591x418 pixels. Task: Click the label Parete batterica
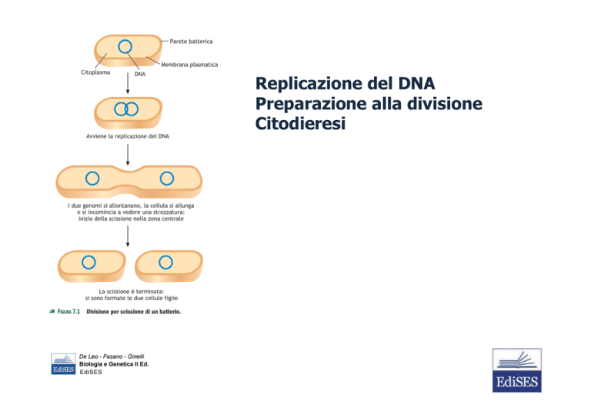(x=191, y=42)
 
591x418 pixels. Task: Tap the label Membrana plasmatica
(x=189, y=65)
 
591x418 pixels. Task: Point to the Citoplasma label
(x=95, y=72)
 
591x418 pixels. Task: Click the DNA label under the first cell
(x=140, y=74)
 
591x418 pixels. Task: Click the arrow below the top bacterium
(x=128, y=83)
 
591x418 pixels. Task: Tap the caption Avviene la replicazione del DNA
(x=128, y=136)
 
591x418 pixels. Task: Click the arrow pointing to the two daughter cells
(x=128, y=236)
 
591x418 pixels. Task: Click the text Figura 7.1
(x=68, y=312)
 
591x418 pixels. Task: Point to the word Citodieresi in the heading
(x=300, y=124)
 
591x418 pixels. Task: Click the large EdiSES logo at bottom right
(x=517, y=370)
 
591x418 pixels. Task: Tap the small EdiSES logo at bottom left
(x=63, y=363)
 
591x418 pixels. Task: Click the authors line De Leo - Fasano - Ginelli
(x=112, y=356)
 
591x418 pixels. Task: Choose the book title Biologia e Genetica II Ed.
(x=114, y=364)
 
